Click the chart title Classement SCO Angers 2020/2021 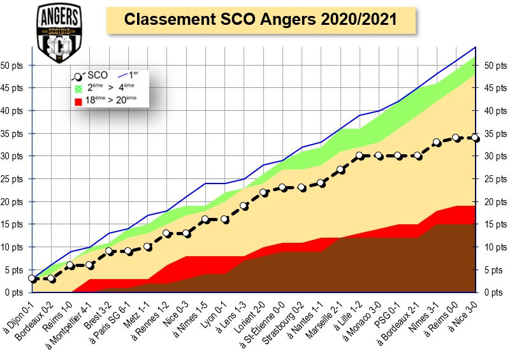coord(260,20)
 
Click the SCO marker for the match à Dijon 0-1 coord(33,278)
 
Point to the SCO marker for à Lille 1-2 coord(360,155)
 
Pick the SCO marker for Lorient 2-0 coord(264,192)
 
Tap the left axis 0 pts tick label coord(15,292)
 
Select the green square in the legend coord(78,89)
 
